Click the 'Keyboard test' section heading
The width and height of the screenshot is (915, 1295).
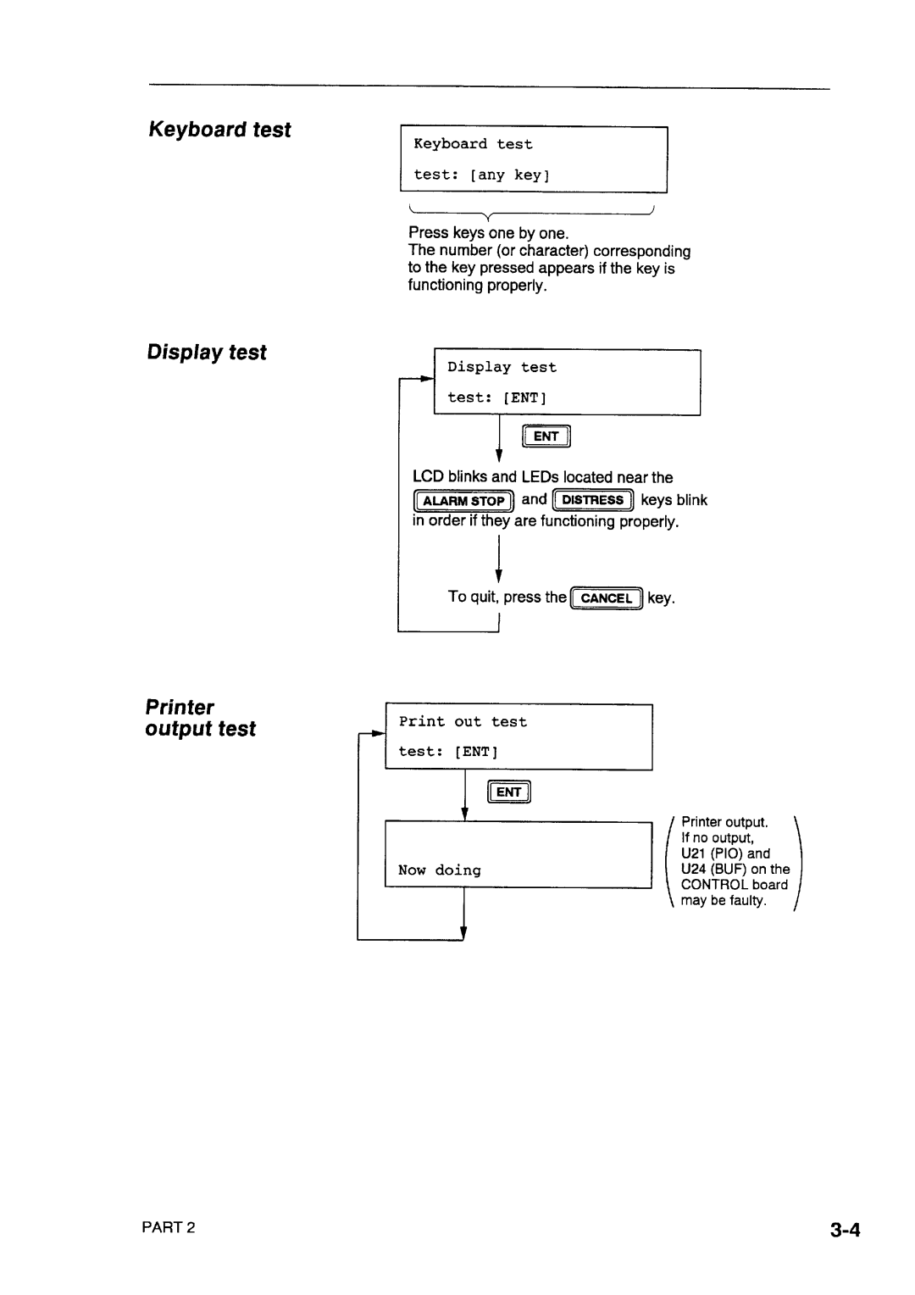(x=219, y=130)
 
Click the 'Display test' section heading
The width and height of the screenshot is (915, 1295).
(x=207, y=353)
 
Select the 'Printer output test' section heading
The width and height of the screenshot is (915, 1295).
(x=201, y=718)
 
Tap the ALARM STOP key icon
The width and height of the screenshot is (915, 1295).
(x=463, y=501)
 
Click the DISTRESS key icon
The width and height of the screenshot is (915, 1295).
(x=593, y=500)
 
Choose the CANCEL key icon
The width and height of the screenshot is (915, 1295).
(x=607, y=597)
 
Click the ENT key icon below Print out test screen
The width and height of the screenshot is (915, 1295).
(x=508, y=792)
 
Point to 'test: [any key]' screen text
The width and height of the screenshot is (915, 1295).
(x=481, y=175)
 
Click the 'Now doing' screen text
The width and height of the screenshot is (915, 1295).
(x=440, y=870)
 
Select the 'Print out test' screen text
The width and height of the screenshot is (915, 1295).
(x=463, y=722)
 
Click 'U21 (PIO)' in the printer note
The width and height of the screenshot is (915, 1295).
(x=712, y=853)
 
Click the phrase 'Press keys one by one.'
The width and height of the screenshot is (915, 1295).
(x=489, y=232)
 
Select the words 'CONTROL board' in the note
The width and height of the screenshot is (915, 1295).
(x=735, y=885)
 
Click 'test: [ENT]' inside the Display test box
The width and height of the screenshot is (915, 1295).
(x=496, y=397)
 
